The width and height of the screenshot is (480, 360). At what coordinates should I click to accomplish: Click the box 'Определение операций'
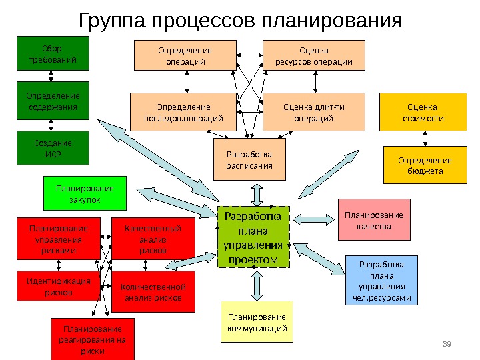184,55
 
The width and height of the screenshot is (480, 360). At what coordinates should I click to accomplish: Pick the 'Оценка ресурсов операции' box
315,55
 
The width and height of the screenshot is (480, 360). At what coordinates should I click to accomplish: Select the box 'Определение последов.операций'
184,112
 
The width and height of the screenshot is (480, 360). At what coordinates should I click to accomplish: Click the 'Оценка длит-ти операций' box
315,112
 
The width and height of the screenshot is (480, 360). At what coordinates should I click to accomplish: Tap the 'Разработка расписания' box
249,159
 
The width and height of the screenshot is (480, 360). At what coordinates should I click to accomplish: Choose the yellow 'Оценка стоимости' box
421,112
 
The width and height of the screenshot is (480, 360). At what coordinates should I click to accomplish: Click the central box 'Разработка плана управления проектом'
254,237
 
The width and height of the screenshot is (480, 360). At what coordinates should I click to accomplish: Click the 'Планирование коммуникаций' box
256,322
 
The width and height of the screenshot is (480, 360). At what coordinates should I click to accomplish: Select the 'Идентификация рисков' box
57,286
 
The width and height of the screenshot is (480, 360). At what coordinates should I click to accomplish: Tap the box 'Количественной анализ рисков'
153,291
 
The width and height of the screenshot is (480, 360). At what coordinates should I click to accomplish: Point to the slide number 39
447,343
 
